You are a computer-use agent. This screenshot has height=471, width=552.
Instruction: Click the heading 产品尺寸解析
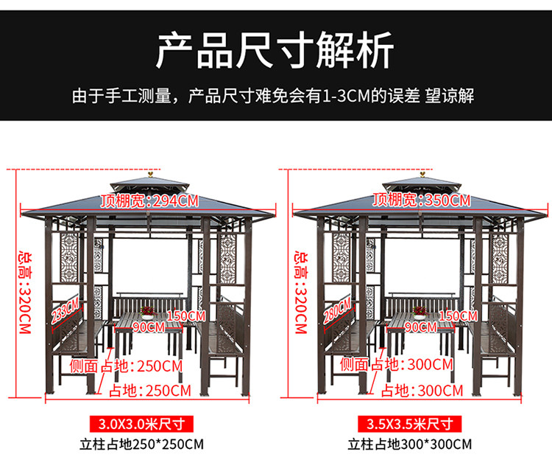(x=275, y=51)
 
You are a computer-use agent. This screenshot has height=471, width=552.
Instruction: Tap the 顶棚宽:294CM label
(x=149, y=199)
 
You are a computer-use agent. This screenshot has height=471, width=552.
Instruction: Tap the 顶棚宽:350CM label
(x=421, y=199)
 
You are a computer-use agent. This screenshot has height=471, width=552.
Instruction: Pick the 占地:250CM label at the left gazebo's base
(x=149, y=390)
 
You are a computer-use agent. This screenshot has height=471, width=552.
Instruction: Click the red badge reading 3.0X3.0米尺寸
(x=141, y=423)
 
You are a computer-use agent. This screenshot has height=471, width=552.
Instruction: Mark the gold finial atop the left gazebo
(x=150, y=174)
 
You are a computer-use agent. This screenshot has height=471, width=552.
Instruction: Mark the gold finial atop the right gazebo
(x=422, y=174)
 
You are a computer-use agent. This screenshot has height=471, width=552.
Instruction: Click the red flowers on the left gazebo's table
(x=146, y=310)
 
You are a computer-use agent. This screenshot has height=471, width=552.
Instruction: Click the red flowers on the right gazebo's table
(x=420, y=310)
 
